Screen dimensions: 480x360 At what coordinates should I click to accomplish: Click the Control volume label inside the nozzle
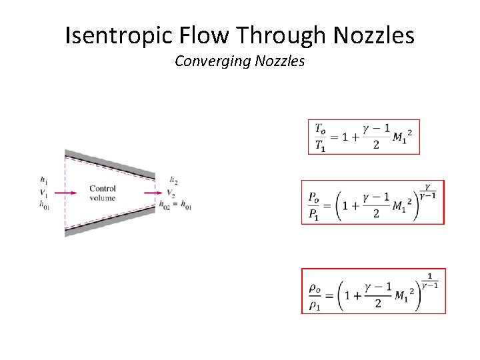[x=102, y=193]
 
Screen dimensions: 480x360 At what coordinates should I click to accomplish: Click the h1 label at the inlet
[x=43, y=180]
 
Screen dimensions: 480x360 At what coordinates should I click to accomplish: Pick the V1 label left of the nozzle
[x=43, y=193]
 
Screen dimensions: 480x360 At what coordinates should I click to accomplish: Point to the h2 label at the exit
[x=173, y=180]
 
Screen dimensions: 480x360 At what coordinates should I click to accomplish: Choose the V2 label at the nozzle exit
[x=171, y=193]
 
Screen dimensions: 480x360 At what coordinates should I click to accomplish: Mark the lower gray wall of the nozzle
[x=110, y=223]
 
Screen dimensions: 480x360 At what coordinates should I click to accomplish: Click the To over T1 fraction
[x=321, y=137]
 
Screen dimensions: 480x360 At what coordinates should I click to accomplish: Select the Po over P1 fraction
[x=313, y=204]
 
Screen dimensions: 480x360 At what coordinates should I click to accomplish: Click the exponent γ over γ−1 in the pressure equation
[x=428, y=191]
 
